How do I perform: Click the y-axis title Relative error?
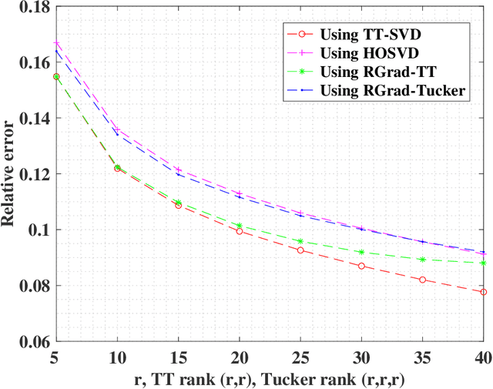tap(11, 174)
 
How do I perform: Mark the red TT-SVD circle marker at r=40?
tap(483, 292)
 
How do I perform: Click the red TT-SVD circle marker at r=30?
tap(361, 266)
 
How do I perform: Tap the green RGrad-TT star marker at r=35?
tap(422, 260)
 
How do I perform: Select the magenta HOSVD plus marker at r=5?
tap(55, 43)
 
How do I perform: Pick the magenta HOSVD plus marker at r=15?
tap(178, 169)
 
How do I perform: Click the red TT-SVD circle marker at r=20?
tap(239, 231)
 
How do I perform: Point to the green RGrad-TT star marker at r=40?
tap(483, 263)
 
